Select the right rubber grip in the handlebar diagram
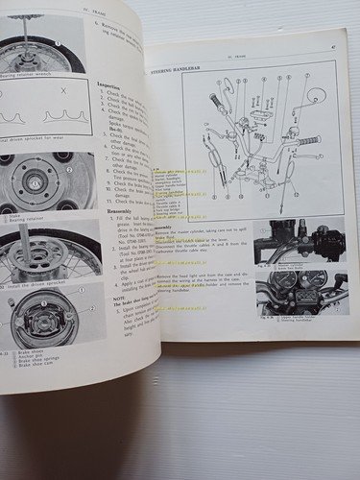(307, 140)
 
